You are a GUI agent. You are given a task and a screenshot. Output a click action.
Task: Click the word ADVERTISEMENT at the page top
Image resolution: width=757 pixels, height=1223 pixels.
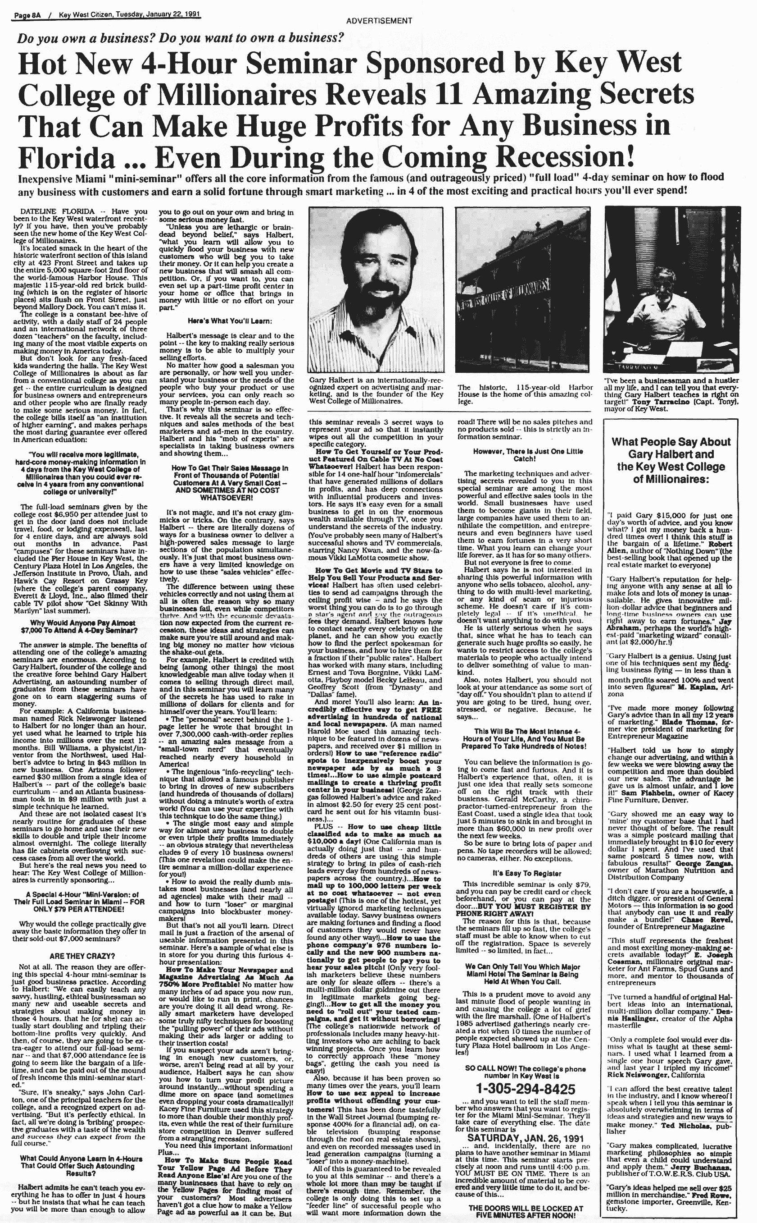[x=379, y=21]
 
